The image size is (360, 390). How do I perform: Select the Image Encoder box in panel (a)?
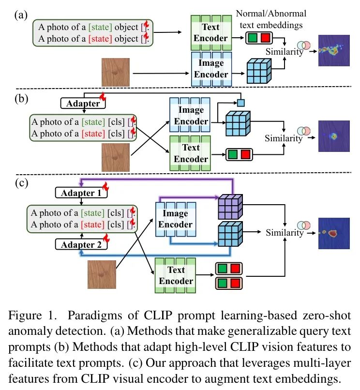pos(211,69)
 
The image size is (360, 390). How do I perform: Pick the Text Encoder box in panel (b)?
pos(190,153)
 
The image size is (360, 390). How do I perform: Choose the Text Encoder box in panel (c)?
pos(176,275)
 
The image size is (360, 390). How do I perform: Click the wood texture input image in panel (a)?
pos(116,72)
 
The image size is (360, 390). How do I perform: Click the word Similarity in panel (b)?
pos(283,138)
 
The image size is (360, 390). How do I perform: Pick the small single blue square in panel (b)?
pos(240,103)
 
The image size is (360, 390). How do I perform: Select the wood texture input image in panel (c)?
pos(102,274)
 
